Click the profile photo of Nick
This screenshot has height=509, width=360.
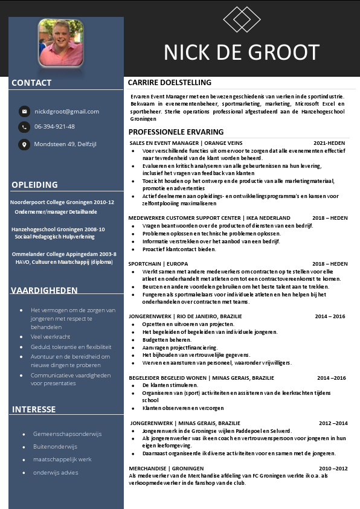61,42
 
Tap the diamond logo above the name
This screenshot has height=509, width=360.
241,19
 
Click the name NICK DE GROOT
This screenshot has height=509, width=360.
242,53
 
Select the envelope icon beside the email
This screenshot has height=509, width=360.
24,111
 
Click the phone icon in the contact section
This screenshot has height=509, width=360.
24,127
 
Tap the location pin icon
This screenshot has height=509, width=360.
24,144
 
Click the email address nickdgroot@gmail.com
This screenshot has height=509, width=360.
66,111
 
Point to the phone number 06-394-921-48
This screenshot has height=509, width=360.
54,127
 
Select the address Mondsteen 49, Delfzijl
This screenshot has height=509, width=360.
65,144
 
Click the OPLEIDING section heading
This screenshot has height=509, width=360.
34,185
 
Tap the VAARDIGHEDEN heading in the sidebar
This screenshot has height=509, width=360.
44,290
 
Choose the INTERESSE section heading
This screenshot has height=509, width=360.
34,409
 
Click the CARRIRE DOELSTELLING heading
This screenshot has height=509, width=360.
170,83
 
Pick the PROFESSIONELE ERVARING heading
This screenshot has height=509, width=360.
176,132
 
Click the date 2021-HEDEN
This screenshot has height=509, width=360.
329,144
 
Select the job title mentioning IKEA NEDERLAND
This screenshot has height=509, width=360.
209,218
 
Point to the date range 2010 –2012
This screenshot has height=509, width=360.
333,468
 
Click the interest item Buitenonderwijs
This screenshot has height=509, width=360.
55,447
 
